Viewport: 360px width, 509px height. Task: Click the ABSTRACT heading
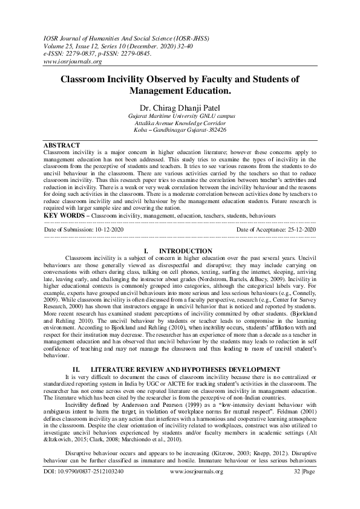pyautogui.click(x=62, y=146)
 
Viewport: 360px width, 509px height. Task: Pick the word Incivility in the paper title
pyautogui.click(x=133, y=79)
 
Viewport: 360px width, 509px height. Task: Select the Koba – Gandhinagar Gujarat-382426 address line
pyautogui.click(x=180, y=129)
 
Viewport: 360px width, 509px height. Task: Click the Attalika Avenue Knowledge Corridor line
pyautogui.click(x=180, y=123)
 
